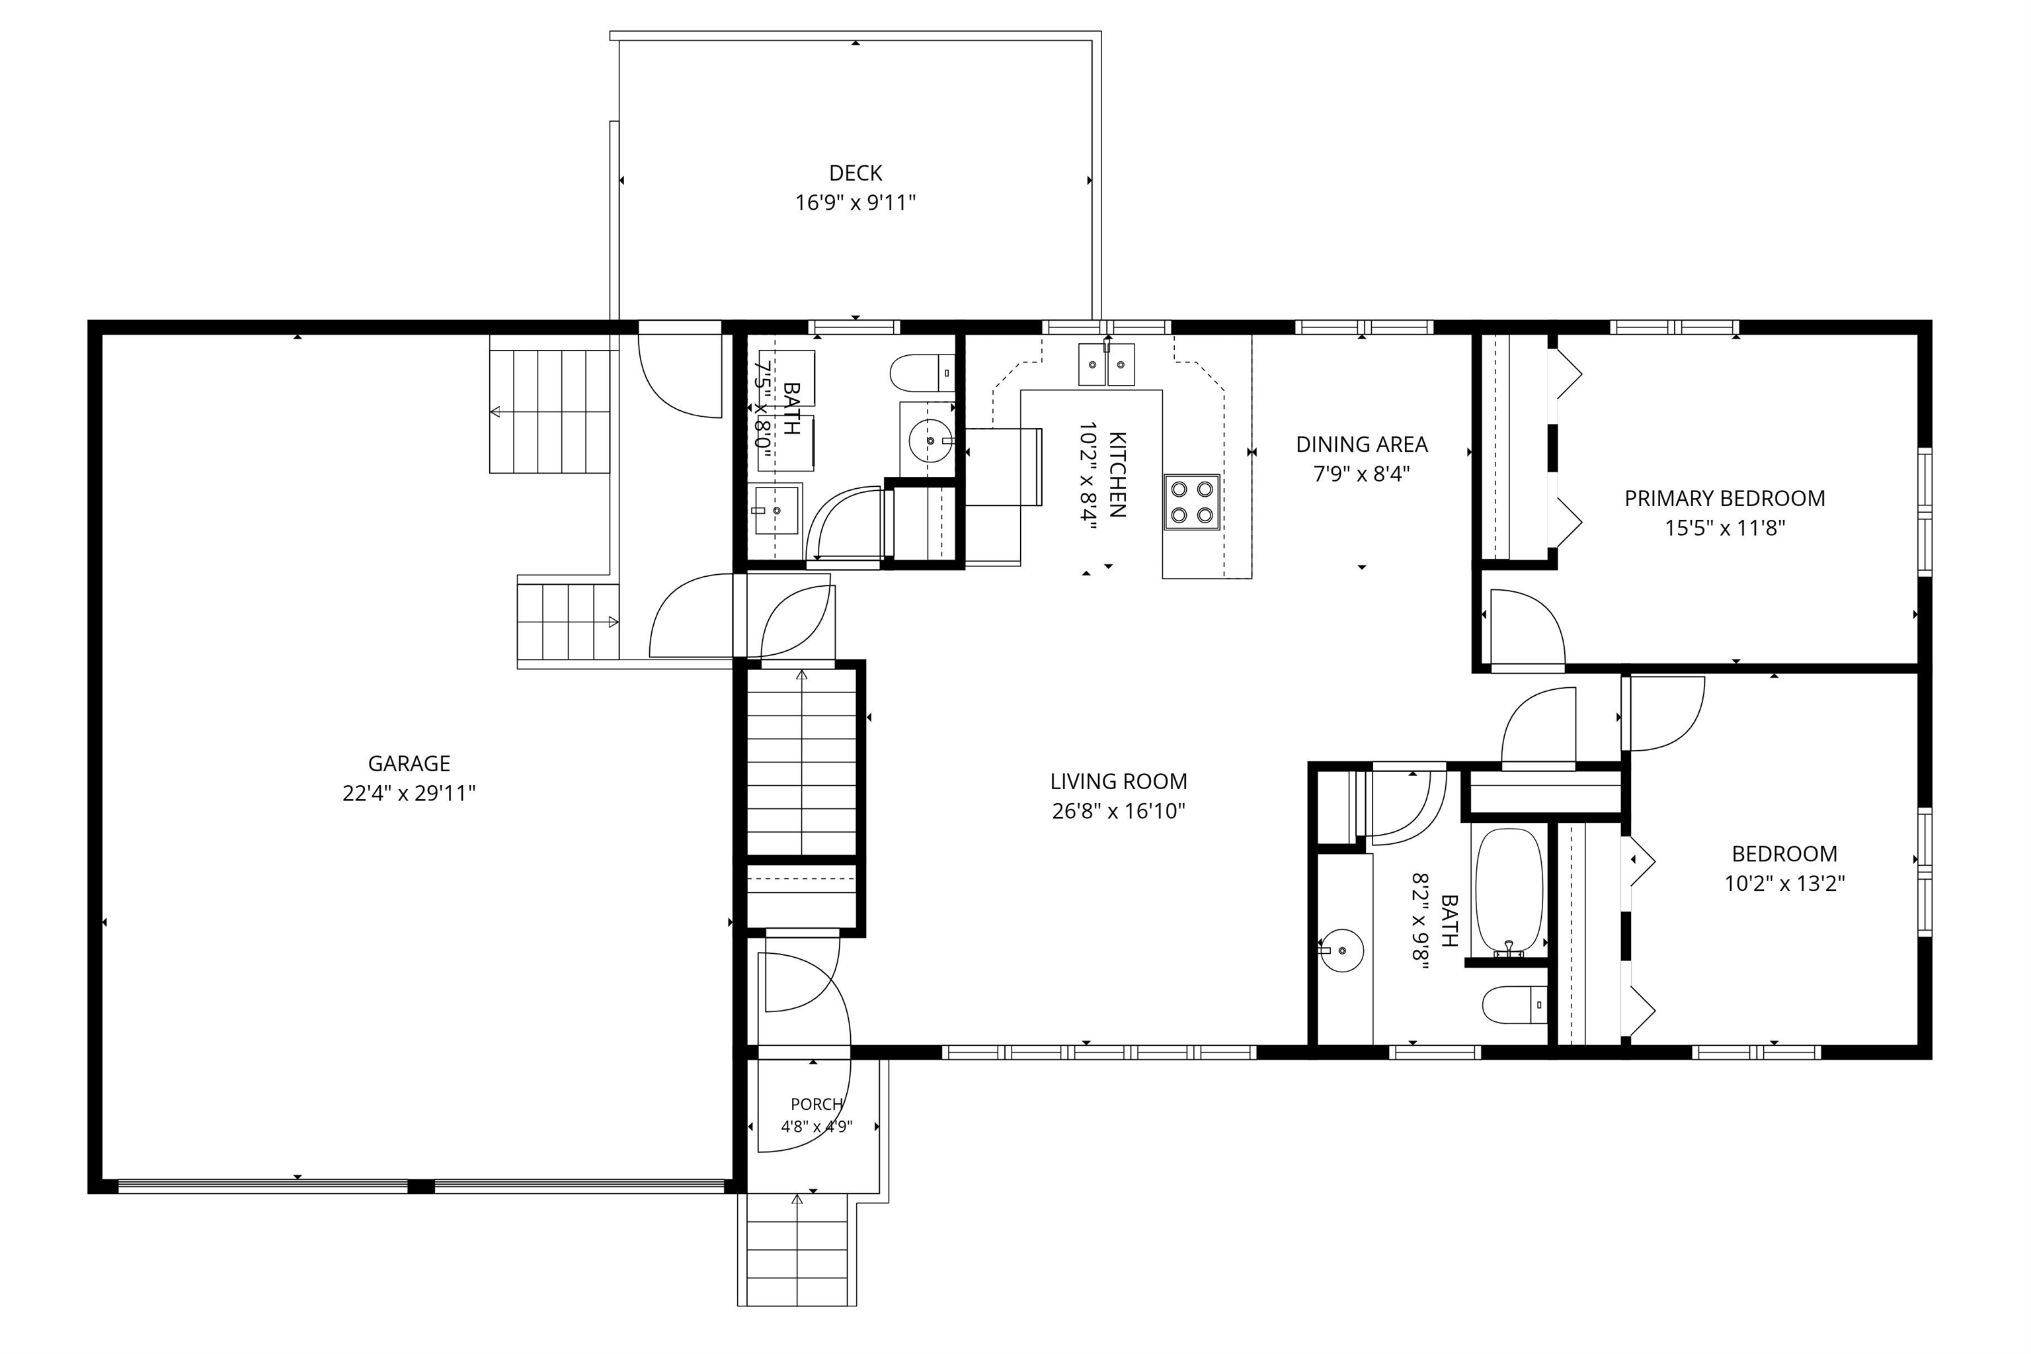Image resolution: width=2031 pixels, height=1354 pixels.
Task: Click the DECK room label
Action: [x=855, y=173]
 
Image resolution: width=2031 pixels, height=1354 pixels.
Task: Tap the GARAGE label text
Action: [x=409, y=763]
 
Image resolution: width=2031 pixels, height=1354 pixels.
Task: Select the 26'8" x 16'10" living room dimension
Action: [x=1118, y=811]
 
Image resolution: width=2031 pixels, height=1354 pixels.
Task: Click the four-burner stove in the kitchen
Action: [x=1191, y=501]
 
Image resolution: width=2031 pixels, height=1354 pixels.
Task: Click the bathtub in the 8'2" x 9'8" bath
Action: [x=1509, y=893]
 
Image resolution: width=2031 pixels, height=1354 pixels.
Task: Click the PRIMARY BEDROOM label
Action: [x=1725, y=498]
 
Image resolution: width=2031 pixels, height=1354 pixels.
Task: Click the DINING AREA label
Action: [x=1361, y=444]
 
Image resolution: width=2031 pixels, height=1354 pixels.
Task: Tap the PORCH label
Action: [x=816, y=1103]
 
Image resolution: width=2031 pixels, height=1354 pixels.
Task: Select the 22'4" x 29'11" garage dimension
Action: [x=409, y=792]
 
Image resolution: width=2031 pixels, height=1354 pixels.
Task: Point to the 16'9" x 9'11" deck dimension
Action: [x=855, y=203]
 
